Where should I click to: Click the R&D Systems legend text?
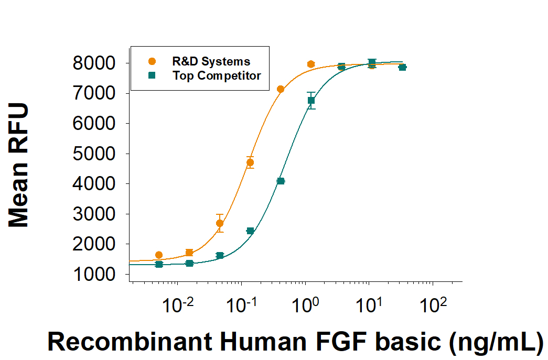tap(211, 62)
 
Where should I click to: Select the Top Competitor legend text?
tap(217, 75)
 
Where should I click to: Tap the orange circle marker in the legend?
tap(152, 61)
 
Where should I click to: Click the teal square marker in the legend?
tap(152, 75)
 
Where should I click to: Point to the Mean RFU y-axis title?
tap(19, 166)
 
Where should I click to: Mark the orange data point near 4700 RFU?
tap(250, 162)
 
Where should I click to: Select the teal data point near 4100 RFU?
tap(281, 181)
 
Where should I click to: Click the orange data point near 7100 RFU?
tap(281, 89)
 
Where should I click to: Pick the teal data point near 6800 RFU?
tap(311, 100)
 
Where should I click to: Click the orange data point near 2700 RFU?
tap(220, 223)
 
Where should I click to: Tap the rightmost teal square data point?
tap(402, 67)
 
